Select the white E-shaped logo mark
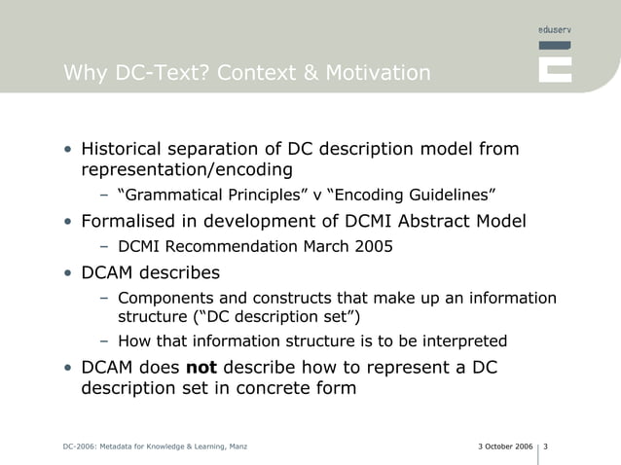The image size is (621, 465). (555, 63)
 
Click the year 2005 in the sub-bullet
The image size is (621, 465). (375, 246)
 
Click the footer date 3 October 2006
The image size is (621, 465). (506, 447)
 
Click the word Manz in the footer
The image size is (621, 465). (237, 447)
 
